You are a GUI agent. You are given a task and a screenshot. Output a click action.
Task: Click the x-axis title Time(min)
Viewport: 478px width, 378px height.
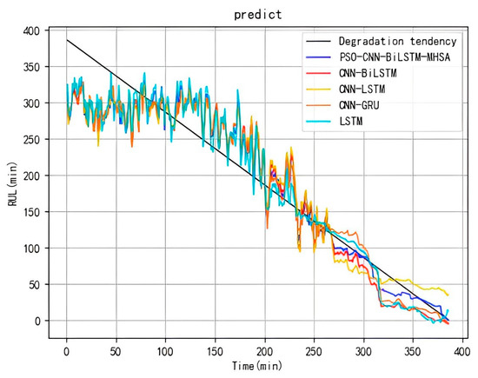pos(258,368)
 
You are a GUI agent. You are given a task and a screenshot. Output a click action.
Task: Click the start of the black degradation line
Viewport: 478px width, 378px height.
pos(67,40)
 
